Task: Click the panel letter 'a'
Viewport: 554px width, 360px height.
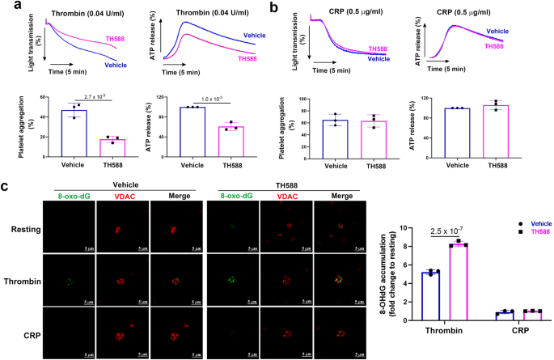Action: coord(6,6)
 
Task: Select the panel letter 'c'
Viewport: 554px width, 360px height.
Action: coord(6,186)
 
